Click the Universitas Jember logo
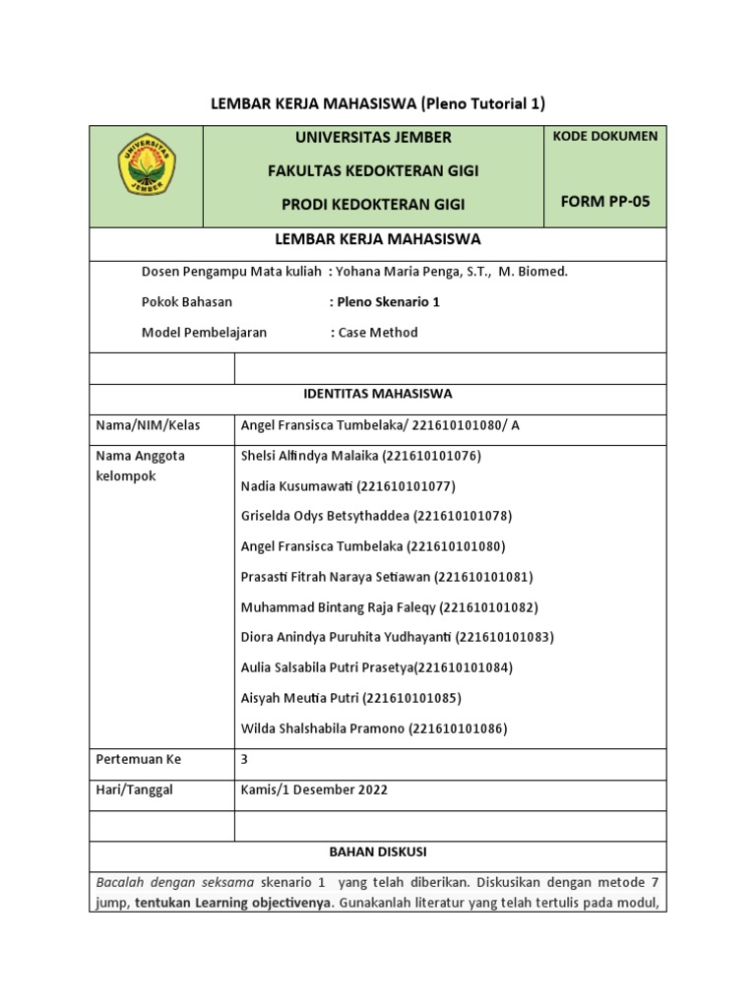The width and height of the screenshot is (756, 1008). point(147,165)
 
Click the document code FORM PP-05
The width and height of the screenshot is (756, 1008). point(605,202)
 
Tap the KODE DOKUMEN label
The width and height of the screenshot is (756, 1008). point(605,136)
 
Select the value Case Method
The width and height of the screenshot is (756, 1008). point(378,333)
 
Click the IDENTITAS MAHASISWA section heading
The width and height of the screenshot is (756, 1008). point(378,394)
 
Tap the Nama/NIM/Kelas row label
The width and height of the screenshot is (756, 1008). point(147,425)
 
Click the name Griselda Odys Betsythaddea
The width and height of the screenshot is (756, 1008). point(326,516)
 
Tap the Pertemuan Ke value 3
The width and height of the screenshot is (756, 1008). point(245,760)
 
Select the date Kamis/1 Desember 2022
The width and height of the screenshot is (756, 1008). point(314,789)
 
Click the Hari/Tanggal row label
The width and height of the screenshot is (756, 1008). point(134,790)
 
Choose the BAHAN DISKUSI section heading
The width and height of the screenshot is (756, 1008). point(378,850)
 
